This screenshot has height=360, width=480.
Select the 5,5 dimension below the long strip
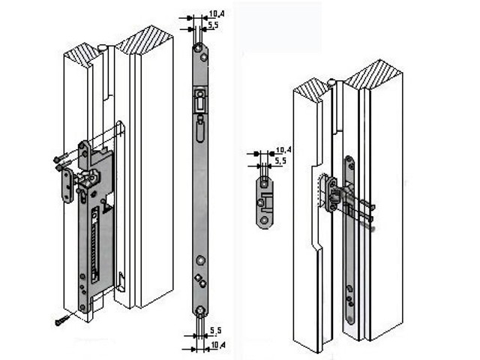(216, 330)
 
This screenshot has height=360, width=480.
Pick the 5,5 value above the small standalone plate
(282, 161)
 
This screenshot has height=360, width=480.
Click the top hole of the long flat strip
(198, 49)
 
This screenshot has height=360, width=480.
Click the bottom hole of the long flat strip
(199, 310)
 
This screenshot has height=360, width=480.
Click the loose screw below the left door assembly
(61, 320)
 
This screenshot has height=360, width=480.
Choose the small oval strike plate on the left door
(67, 184)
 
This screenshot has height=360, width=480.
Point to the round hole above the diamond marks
(199, 259)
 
